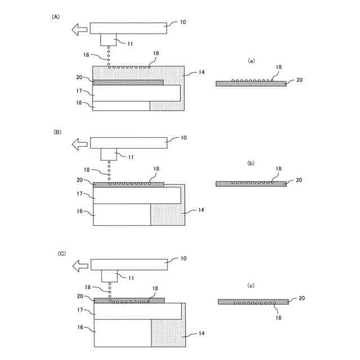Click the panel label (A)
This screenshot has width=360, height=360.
[56, 17]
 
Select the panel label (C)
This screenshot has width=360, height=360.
[62, 254]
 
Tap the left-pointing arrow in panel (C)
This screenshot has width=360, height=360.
[82, 264]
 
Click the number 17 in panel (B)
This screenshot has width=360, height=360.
[79, 193]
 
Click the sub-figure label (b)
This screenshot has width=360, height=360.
[251, 163]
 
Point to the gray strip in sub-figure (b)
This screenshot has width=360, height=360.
[251, 183]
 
